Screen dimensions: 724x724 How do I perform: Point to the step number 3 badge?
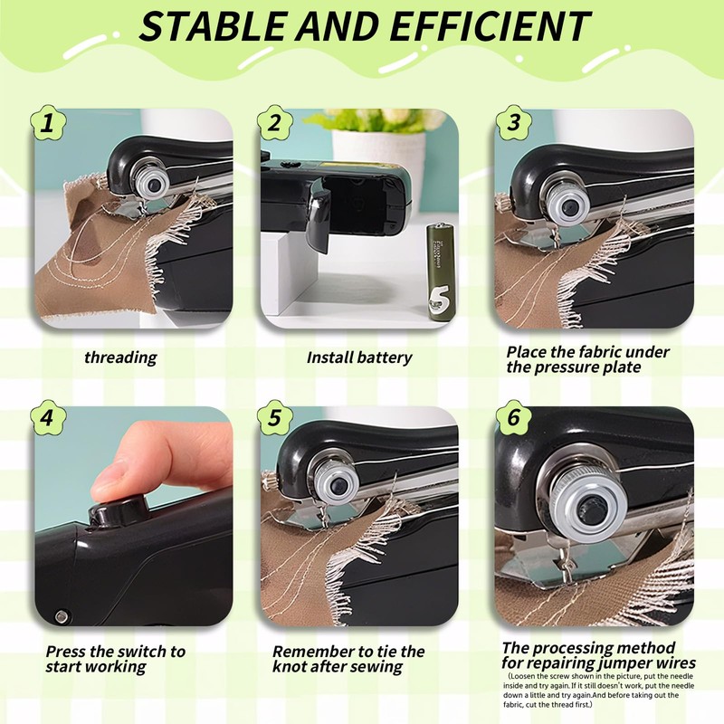(514, 122)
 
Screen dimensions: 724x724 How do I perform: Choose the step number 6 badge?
(514, 419)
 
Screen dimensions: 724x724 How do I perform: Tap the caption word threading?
(120, 357)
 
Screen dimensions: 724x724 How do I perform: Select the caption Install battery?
(359, 357)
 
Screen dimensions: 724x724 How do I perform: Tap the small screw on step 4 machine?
(60, 615)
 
